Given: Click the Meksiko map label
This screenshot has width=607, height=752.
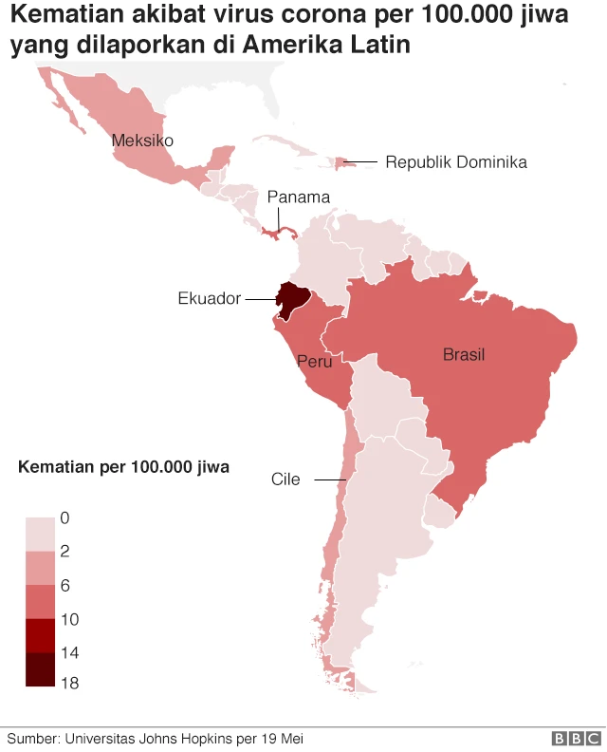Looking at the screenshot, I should [x=142, y=141].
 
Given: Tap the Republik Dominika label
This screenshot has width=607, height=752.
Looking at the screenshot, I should [x=455, y=162].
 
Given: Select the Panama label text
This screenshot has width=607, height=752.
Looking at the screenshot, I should [x=298, y=197].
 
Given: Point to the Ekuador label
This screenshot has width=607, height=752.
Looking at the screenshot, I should [x=209, y=298].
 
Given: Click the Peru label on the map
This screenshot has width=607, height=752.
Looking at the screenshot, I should [x=313, y=362].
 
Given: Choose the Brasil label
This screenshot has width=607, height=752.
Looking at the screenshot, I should [x=463, y=355].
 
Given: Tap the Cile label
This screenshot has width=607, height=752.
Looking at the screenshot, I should [x=285, y=479].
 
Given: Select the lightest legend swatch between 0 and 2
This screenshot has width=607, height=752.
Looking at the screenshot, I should [x=40, y=534].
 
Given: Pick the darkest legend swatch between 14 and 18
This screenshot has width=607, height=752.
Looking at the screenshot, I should [x=40, y=668].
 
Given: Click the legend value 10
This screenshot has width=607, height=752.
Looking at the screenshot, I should [x=69, y=619].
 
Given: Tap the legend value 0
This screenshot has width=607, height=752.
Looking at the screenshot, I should [x=64, y=518].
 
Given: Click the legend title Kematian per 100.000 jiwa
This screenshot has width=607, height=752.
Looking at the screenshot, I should [x=123, y=467].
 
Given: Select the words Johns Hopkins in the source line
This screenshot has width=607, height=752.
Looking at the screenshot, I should [x=172, y=738].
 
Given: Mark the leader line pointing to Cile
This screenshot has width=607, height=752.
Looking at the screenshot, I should [x=329, y=479].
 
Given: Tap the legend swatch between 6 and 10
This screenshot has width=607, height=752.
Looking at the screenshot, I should [x=40, y=601].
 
